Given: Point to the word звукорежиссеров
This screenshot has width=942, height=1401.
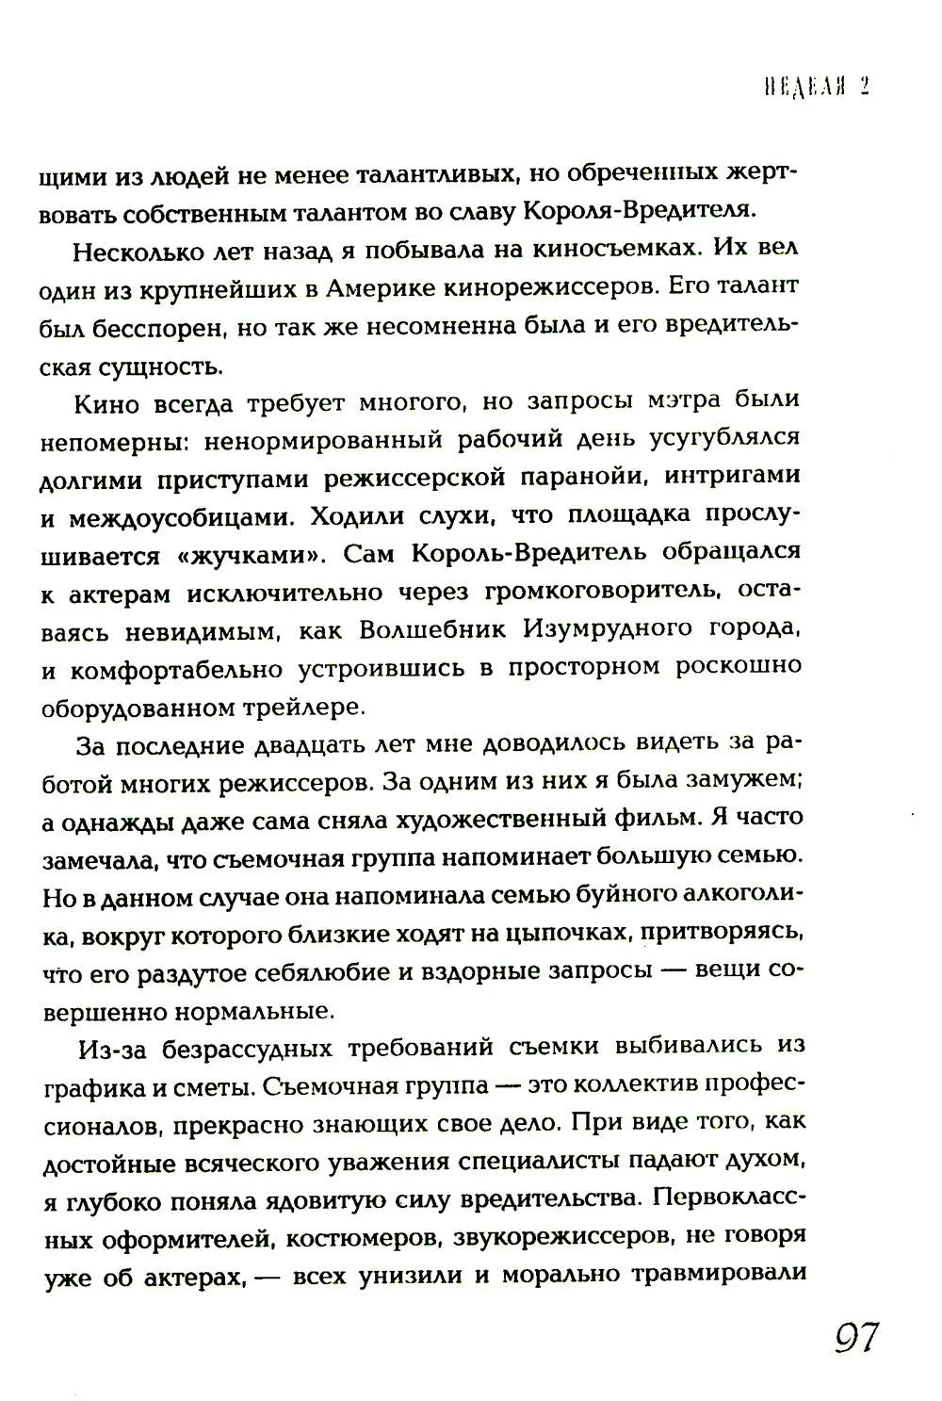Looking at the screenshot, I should (570, 1238).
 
